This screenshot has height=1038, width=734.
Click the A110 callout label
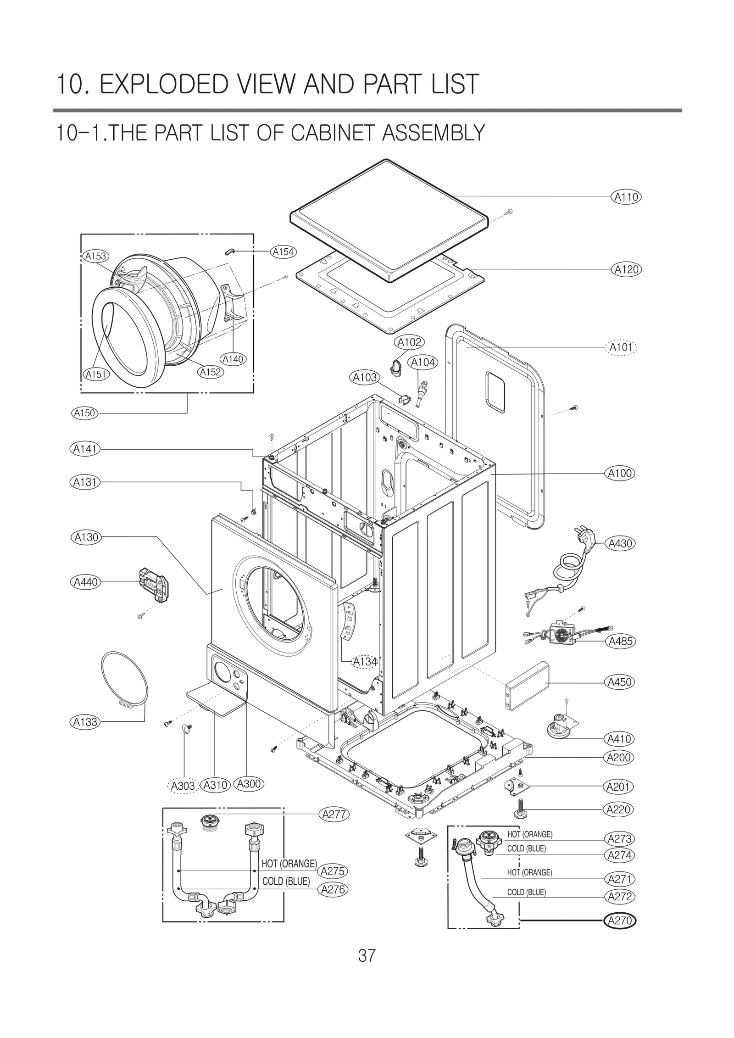click(626, 197)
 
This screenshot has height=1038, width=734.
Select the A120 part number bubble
click(626, 269)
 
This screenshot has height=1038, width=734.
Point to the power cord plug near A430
click(583, 537)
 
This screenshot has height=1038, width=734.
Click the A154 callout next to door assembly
click(283, 251)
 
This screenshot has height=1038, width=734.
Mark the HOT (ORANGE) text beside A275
click(289, 863)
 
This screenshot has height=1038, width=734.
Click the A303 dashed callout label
click(183, 786)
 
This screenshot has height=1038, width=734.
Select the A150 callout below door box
click(84, 413)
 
